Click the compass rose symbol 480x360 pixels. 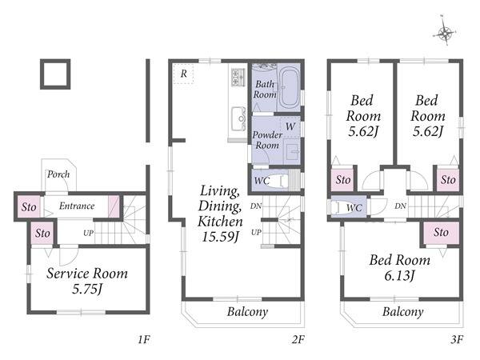click(445, 32)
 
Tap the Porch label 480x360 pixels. click(58, 174)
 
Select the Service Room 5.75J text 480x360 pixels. click(87, 281)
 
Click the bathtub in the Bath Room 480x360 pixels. click(290, 89)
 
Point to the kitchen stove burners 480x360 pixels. click(238, 77)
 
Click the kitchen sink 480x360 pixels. click(238, 118)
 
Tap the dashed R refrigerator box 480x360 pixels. click(183, 74)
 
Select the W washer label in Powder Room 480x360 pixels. click(290, 126)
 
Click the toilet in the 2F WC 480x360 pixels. click(279, 181)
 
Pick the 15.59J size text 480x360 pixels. click(220, 236)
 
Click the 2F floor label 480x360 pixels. click(298, 339)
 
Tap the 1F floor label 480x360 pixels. click(143, 339)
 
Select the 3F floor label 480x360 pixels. click(457, 339)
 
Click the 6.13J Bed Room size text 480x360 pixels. click(399, 276)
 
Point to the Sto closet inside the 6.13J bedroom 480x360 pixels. click(441, 233)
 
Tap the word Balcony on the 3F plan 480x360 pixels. click(403, 312)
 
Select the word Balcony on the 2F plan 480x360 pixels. click(247, 312)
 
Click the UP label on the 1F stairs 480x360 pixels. click(88, 233)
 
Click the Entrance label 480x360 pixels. click(77, 206)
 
